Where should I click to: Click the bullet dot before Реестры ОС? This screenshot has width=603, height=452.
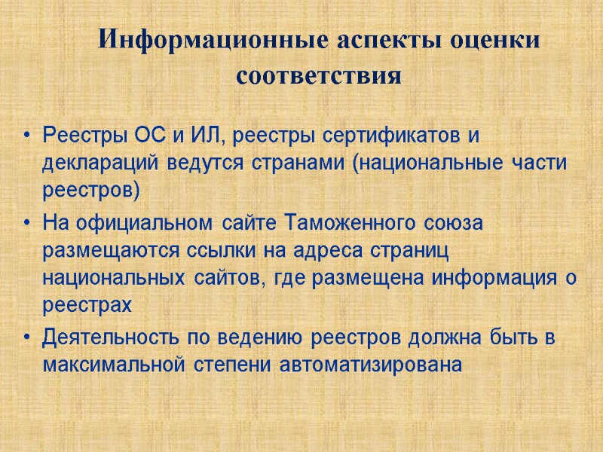tap(27, 137)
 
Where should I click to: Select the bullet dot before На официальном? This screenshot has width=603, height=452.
tap(27, 224)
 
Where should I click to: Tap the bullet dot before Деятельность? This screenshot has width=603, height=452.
tap(27, 339)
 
